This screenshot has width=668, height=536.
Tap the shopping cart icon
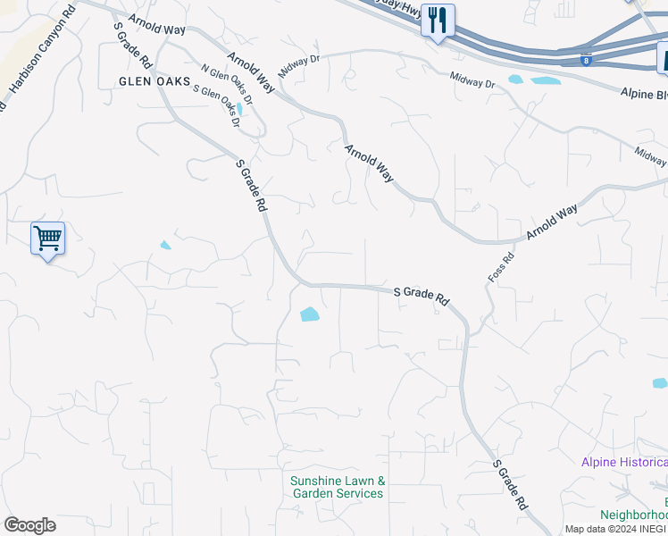(x=47, y=239)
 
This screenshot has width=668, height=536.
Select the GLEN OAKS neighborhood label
(x=154, y=81)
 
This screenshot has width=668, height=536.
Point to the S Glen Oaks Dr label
(x=217, y=105)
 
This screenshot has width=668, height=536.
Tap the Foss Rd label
(x=502, y=269)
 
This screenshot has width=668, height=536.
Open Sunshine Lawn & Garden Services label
(x=338, y=487)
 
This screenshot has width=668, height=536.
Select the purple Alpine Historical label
(x=623, y=462)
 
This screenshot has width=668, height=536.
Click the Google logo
(x=29, y=525)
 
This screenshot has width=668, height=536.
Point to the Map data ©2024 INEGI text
(x=615, y=529)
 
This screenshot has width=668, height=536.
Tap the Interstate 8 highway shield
(x=585, y=61)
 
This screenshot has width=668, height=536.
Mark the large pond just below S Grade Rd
(x=309, y=314)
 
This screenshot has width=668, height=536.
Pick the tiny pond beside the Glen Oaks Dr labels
(x=239, y=110)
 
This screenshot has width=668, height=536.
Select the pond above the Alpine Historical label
(x=659, y=383)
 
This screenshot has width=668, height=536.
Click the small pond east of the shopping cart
(x=165, y=245)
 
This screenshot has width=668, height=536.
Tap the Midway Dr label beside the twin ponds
(x=472, y=81)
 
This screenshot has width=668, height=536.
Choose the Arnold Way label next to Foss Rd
(x=552, y=221)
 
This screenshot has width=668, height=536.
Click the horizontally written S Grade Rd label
(x=421, y=294)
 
